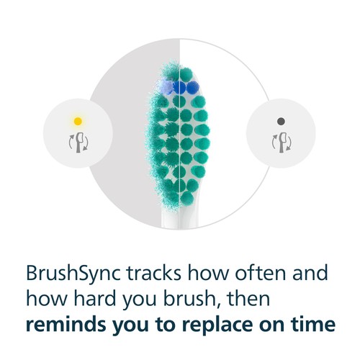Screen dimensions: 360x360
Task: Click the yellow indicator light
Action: click(x=78, y=121)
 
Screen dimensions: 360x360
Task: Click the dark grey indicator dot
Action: click(x=281, y=122)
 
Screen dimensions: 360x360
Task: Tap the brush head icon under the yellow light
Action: click(x=78, y=143)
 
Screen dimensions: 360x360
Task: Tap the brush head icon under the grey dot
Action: click(x=282, y=143)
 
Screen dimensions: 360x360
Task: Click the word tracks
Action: click(x=154, y=273)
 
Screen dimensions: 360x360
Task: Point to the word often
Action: click(x=260, y=273)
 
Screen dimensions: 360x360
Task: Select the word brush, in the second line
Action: click(x=192, y=299)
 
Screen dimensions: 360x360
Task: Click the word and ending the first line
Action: click(x=310, y=273)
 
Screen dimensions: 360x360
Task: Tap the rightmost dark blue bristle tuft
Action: click(x=192, y=87)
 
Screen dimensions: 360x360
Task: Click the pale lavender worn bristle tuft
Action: click(x=165, y=86)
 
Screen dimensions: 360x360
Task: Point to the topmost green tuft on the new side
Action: click(x=186, y=74)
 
